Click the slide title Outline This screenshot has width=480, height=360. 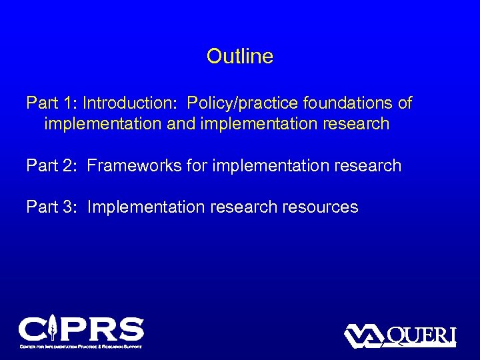pos(239,56)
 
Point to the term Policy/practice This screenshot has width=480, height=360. pos(243,103)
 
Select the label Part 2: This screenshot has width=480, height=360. pos(52,165)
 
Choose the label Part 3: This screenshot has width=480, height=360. pos(52,207)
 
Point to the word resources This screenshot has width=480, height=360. pos(319,207)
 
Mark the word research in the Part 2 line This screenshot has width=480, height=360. pos(366,165)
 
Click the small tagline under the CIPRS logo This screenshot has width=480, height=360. pos(81,346)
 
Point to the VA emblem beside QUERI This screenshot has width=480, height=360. pos(364,335)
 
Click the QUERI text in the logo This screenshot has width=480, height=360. pos(421,335)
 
